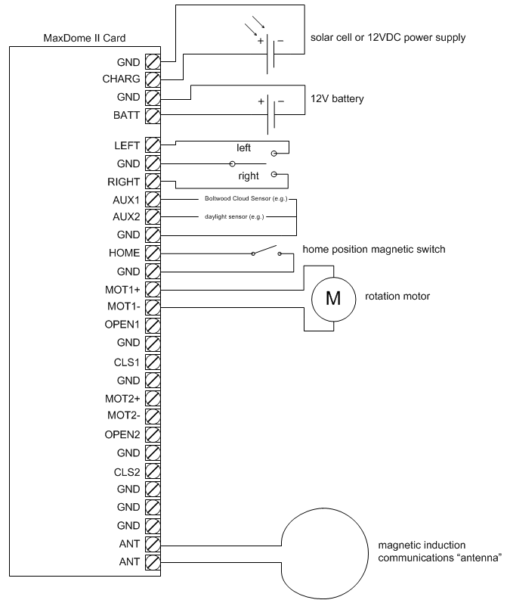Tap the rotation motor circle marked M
(333, 297)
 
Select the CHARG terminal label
(121, 79)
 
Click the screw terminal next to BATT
(152, 116)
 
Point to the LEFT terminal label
(126, 145)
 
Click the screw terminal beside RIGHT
(152, 182)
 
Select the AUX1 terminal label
(126, 200)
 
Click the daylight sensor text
(233, 216)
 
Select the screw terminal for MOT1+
(152, 289)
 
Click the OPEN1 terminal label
(122, 325)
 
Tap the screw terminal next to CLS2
(152, 471)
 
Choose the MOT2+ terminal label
(122, 398)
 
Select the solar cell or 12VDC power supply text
(388, 37)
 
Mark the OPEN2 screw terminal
(152, 434)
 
